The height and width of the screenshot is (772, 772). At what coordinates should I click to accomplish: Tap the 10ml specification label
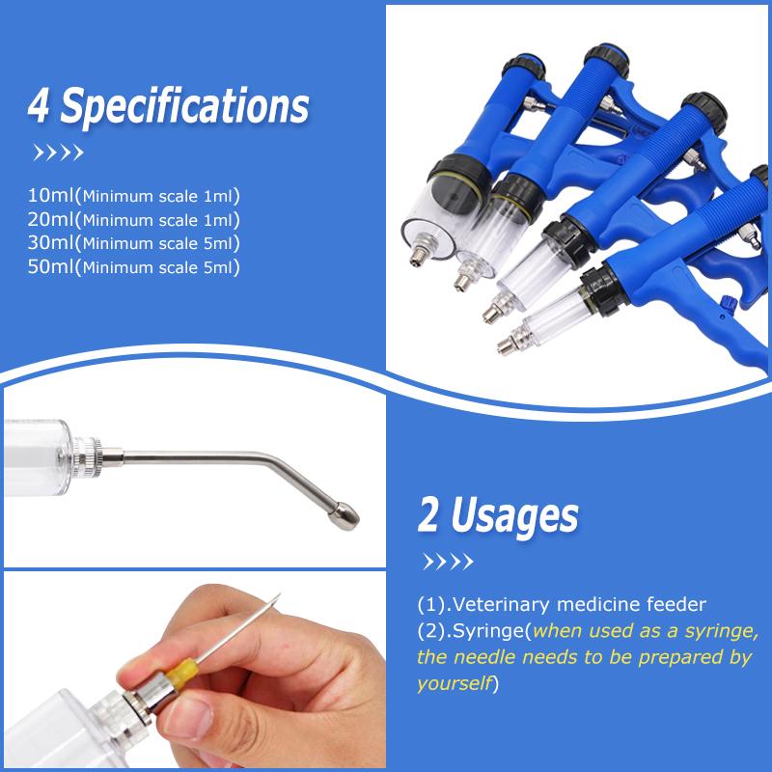(x=51, y=195)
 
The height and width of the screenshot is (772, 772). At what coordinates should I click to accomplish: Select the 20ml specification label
(x=51, y=219)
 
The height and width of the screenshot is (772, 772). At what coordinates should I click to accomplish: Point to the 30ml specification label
(x=51, y=243)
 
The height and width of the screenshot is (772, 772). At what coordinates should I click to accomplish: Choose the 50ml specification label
(x=51, y=266)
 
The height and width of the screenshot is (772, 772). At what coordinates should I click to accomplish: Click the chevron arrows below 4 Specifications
(x=58, y=152)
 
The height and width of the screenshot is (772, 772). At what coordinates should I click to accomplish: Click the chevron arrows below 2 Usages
(x=448, y=562)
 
